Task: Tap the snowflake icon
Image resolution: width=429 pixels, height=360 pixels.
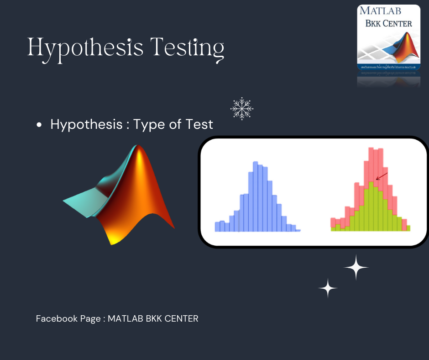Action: point(242,109)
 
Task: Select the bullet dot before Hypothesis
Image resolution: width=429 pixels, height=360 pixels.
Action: point(40,125)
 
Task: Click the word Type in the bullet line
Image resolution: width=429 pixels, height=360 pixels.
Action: point(149,124)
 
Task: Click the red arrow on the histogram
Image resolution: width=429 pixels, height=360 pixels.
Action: point(382,176)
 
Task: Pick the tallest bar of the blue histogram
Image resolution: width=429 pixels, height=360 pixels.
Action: point(255,196)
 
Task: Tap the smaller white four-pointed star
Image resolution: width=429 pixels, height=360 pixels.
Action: point(328,288)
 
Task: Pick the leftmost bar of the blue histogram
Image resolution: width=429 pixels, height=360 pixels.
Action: point(217,226)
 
